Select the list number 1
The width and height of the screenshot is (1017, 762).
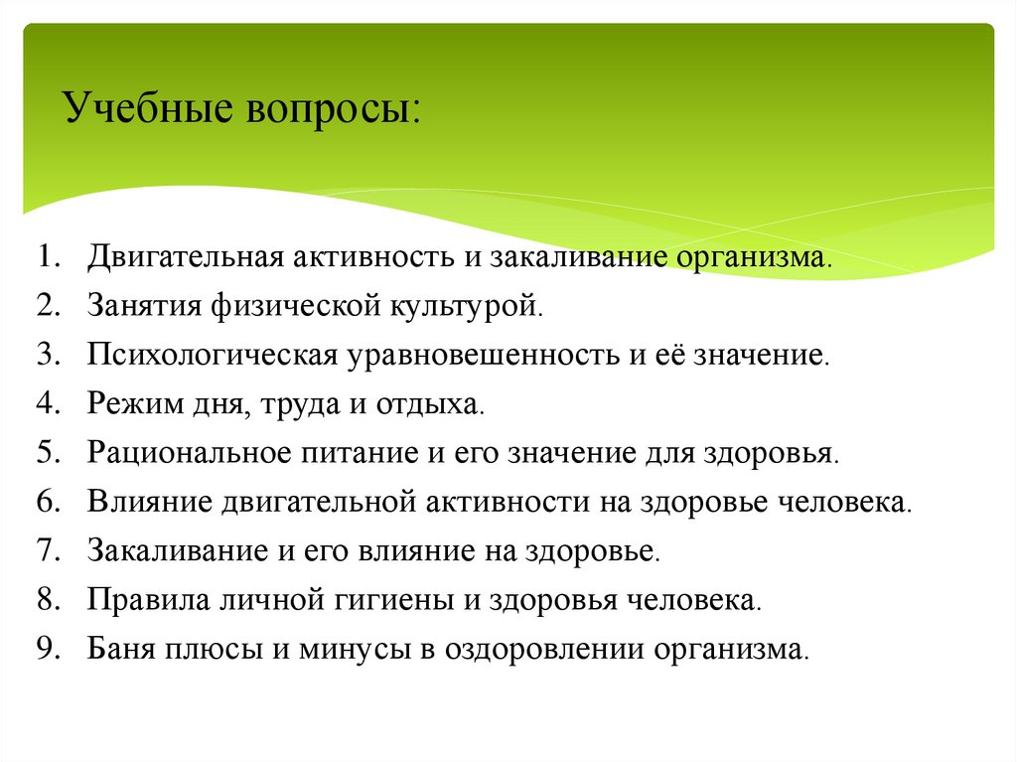point(51,257)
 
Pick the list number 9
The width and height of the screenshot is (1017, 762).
point(51,650)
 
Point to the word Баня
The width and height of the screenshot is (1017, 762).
point(117,650)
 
